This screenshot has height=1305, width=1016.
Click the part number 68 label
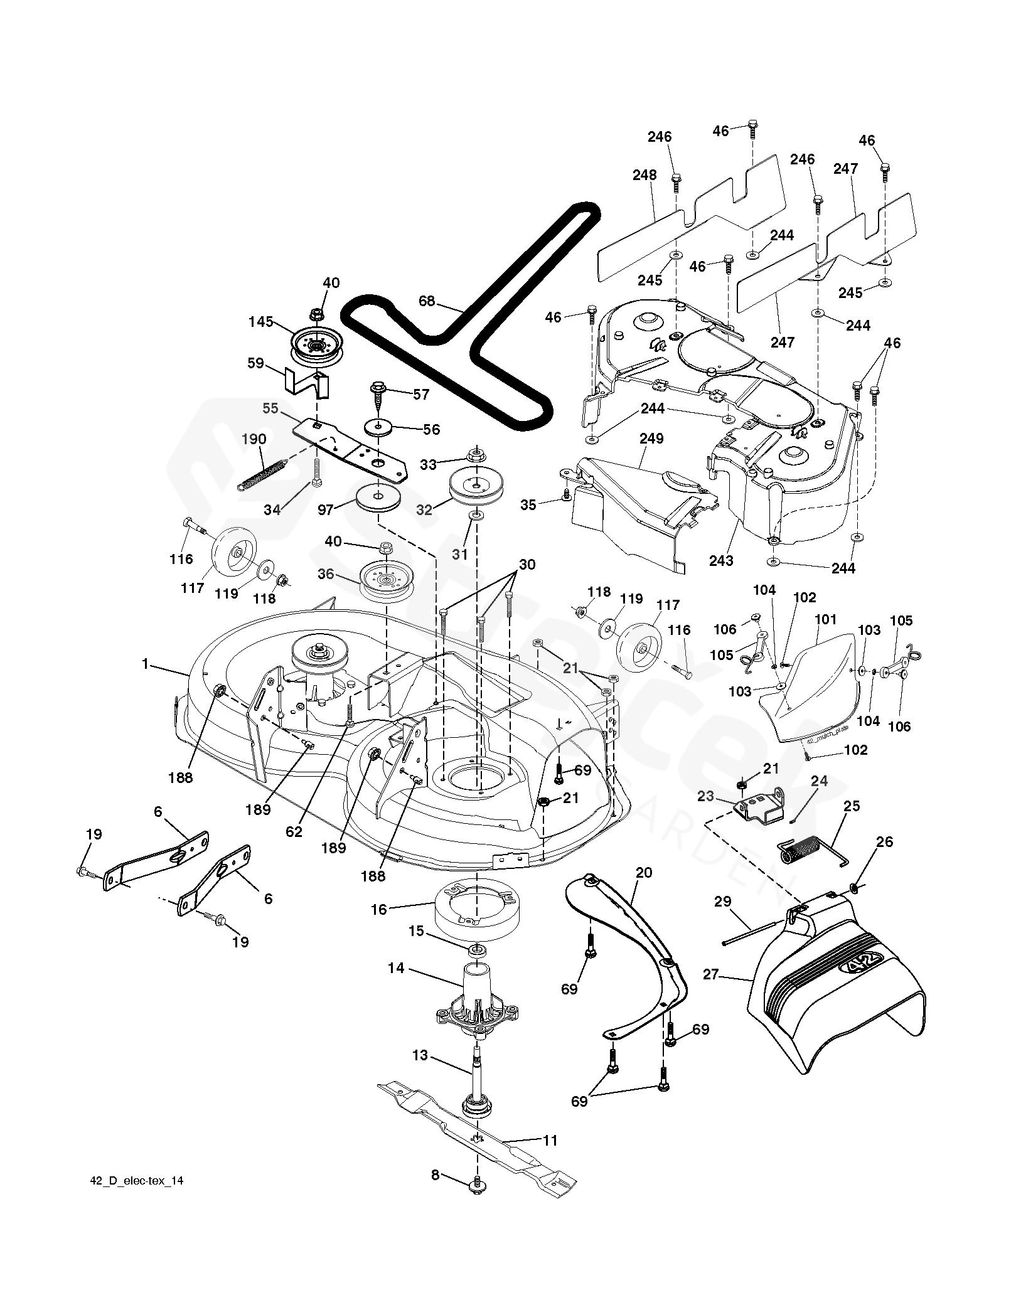427,301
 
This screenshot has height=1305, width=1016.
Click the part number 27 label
711,993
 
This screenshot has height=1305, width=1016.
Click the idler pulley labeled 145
315,347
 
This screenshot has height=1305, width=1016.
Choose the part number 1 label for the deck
146,664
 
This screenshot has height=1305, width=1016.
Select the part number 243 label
721,560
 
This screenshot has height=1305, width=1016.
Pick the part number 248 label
645,175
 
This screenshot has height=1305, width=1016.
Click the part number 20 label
644,873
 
